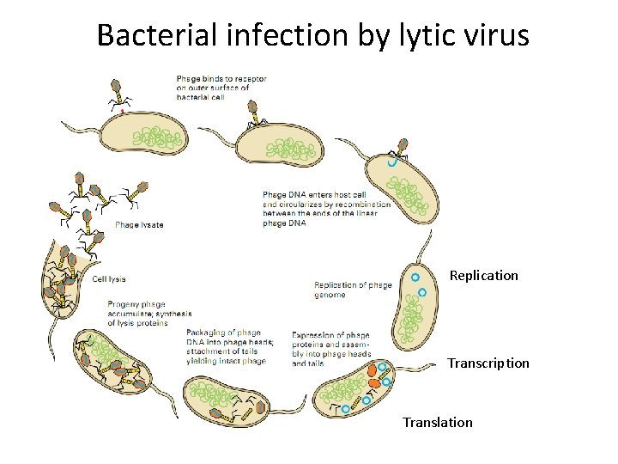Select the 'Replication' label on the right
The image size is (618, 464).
(484, 276)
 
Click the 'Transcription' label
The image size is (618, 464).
(488, 363)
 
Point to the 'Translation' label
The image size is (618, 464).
(438, 422)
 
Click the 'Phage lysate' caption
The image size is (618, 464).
(139, 225)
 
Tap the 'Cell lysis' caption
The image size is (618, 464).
(109, 278)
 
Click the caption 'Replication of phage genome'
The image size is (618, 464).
(353, 290)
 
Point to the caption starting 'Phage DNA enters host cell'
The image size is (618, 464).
(326, 209)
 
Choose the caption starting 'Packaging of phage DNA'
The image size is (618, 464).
(230, 347)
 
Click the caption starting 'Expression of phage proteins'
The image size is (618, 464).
(331, 349)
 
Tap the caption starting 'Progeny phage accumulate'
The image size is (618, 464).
(149, 313)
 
